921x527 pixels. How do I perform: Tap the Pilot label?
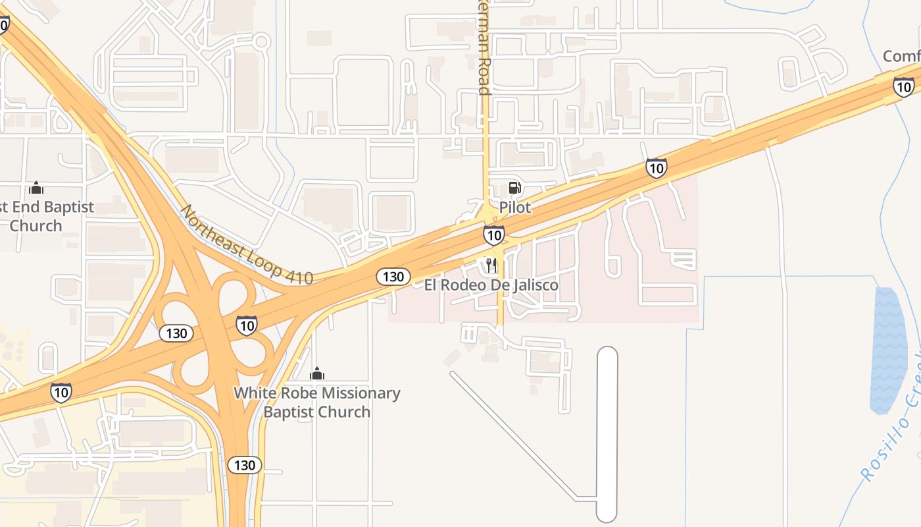click(x=514, y=208)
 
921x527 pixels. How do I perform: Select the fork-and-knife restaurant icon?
click(x=491, y=265)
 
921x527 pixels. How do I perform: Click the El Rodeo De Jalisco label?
click(x=491, y=285)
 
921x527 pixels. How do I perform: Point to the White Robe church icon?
click(x=317, y=374)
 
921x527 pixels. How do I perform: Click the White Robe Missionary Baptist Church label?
click(x=317, y=402)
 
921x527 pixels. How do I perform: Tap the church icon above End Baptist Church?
click(x=36, y=188)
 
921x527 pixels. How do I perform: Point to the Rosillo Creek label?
click(x=891, y=435)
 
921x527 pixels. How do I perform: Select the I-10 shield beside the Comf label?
click(x=903, y=86)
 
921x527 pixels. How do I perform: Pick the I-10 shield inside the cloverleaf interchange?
click(x=247, y=325)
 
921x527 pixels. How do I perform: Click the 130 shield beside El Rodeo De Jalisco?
click(x=393, y=277)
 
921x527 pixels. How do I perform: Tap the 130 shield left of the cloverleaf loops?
click(x=176, y=333)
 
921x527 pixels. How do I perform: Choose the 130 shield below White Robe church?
click(x=245, y=465)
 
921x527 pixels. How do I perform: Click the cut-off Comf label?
click(x=901, y=57)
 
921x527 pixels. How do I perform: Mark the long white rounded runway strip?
click(x=607, y=435)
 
